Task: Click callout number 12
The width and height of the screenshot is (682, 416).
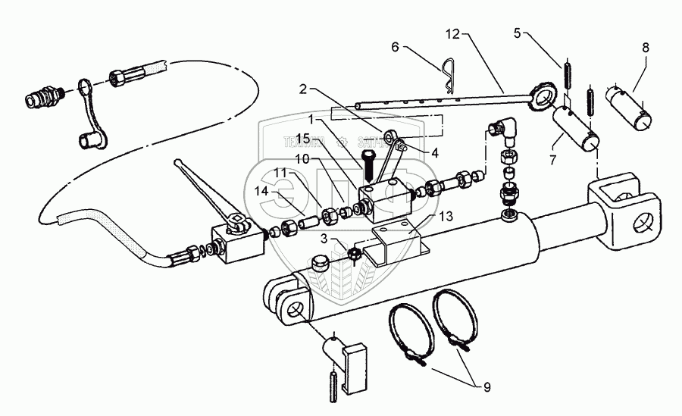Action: point(452,34)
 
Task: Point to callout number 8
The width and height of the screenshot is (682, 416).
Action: point(646,47)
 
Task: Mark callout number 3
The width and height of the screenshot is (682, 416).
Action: point(324,239)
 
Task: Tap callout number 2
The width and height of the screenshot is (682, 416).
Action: point(303,89)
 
